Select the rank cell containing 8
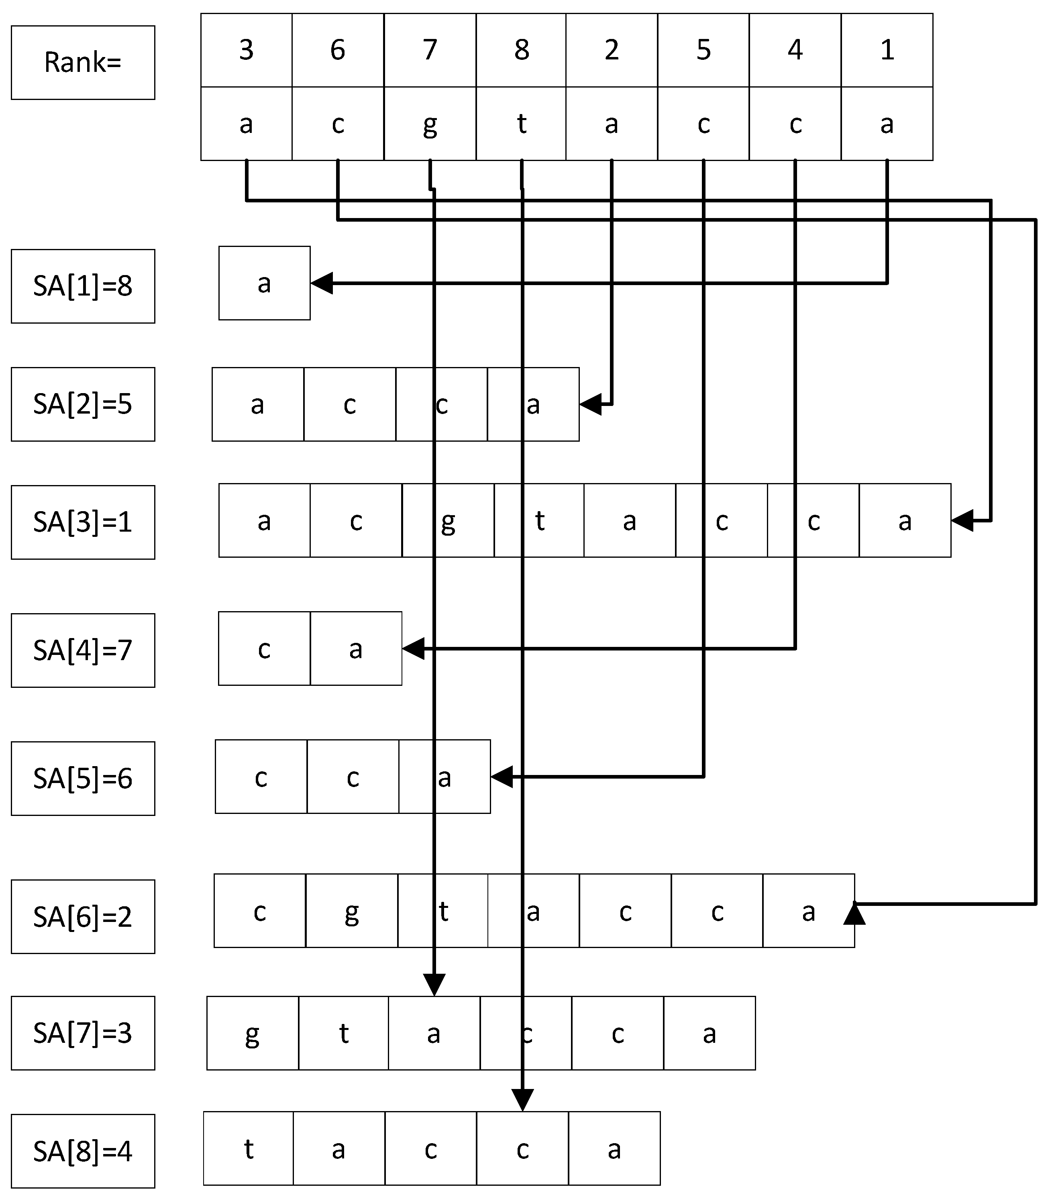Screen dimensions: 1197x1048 [x=521, y=50]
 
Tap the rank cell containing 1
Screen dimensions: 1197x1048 [x=887, y=50]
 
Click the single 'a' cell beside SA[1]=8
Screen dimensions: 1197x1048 [x=264, y=283]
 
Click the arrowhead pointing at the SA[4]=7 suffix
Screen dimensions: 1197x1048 [x=413, y=648]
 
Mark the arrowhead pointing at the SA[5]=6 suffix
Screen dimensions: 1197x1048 [x=501, y=777]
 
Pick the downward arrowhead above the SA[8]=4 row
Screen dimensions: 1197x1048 [x=522, y=1100]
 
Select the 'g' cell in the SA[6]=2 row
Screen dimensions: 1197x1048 [x=351, y=910]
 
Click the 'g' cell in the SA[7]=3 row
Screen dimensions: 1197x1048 [x=252, y=1033]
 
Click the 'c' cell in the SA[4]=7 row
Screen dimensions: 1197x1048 [x=264, y=648]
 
